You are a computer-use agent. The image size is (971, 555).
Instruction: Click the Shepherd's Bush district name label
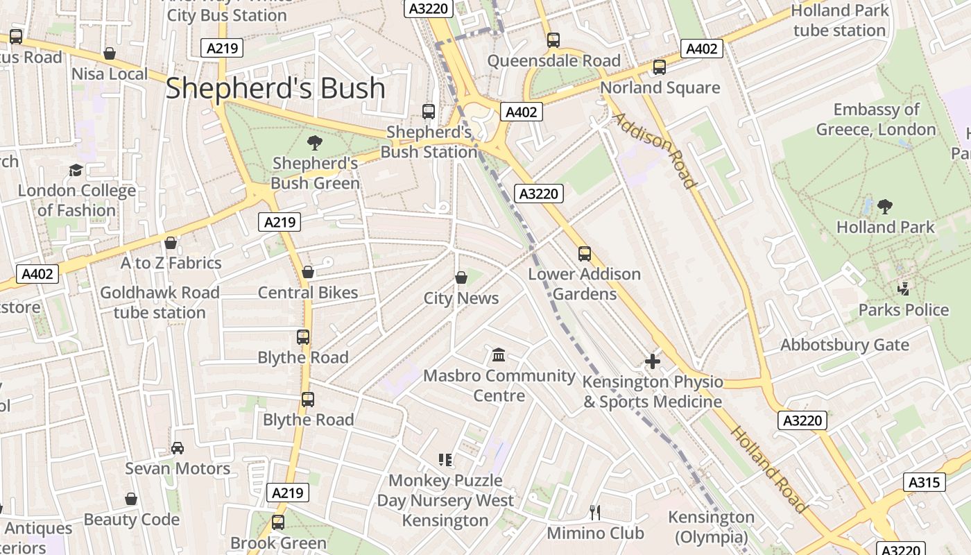[275, 88]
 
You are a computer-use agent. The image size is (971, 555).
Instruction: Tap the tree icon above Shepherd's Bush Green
[315, 143]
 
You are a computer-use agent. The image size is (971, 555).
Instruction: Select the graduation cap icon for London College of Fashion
[76, 170]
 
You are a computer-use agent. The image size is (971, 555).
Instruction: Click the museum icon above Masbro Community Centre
[498, 355]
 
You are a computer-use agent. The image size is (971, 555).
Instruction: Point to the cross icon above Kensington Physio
[652, 361]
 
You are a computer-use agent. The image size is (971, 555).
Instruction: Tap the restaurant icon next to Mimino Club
[594, 513]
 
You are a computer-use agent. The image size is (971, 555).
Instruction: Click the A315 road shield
[924, 482]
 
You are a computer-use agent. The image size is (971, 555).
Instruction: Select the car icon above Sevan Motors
[178, 447]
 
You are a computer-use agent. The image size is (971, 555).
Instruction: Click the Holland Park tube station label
[839, 20]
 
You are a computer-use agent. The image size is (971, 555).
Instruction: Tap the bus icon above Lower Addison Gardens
[585, 253]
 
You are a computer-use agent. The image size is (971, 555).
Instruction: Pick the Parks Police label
[903, 310]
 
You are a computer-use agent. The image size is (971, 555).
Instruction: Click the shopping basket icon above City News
[461, 277]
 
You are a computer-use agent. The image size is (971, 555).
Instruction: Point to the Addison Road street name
[653, 150]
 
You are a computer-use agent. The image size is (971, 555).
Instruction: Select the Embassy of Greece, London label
[876, 119]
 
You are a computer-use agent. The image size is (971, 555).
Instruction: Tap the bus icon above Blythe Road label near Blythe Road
[307, 400]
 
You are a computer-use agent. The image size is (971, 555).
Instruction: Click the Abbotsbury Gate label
[844, 345]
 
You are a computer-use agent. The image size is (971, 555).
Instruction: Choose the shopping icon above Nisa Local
[110, 53]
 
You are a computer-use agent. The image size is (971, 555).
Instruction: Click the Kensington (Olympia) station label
[711, 527]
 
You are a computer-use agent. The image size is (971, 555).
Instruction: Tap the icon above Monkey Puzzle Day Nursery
[445, 459]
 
